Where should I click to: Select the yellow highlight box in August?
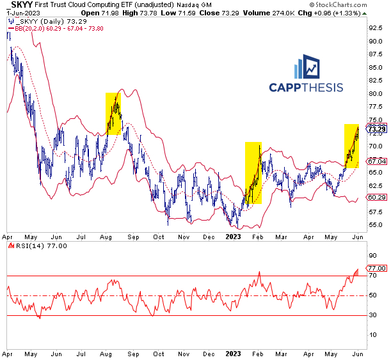113,114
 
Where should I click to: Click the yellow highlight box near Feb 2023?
253,173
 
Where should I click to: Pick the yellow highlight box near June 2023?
351,146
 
